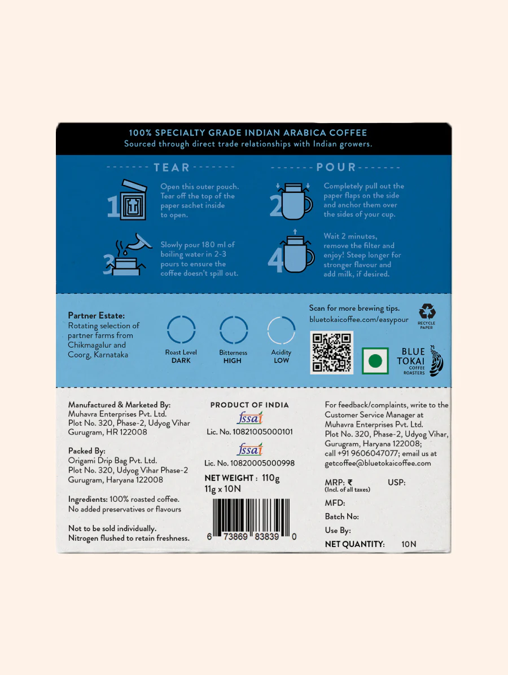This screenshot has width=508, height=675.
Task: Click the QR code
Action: click(332, 352)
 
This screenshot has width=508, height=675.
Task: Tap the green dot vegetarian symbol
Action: click(375, 361)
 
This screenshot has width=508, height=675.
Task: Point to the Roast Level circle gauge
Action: click(181, 330)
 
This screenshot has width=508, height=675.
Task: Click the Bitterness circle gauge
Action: click(233, 330)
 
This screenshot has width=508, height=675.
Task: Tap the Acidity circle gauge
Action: click(281, 330)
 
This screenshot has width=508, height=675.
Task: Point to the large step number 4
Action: click(275, 261)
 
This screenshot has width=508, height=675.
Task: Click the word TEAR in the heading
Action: click(172, 167)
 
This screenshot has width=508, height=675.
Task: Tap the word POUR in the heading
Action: click(336, 167)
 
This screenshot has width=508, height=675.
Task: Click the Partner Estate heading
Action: click(96, 316)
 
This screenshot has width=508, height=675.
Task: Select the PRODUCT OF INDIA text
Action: click(249, 405)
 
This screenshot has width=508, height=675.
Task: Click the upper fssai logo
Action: click(249, 418)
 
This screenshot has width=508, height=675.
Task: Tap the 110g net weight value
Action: click(270, 478)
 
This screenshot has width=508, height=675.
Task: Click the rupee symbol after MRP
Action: click(351, 482)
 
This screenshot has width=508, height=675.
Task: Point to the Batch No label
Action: click(341, 517)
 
